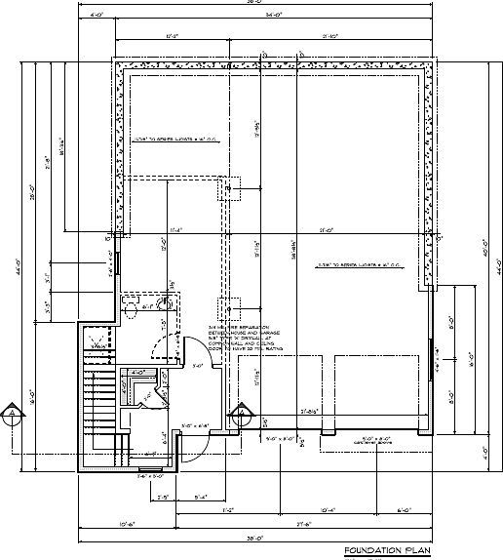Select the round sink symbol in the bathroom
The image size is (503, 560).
166,304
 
